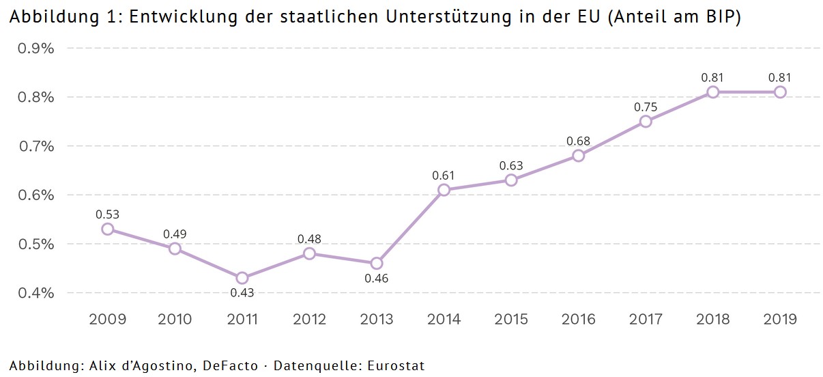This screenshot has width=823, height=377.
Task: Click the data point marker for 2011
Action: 242,278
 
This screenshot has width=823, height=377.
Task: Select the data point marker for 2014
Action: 444,190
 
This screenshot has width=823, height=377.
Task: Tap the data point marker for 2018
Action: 713,92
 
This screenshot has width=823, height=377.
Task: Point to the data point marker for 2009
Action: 108,229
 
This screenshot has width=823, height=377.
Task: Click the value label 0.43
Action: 242,293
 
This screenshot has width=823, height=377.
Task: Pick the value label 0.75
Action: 646,107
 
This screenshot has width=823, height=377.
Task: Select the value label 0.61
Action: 444,176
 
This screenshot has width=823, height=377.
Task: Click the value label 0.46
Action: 376,278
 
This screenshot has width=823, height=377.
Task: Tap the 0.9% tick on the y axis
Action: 35,48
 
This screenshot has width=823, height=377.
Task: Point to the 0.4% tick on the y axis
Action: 35,293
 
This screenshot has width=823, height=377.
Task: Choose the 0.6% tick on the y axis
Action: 35,195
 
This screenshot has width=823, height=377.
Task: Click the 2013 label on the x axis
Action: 377,319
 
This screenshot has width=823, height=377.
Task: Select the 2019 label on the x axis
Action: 780,319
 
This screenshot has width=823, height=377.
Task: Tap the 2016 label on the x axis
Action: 578,319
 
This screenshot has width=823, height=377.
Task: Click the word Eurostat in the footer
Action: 396,366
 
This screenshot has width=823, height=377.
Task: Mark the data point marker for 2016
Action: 579,156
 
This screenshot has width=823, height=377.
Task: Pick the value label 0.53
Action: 108,214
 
